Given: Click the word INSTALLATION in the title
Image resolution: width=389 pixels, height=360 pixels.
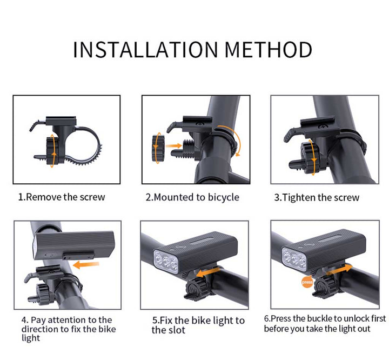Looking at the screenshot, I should coord(145,50).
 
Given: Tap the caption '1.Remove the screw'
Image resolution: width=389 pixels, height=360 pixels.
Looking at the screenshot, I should coord(62,197).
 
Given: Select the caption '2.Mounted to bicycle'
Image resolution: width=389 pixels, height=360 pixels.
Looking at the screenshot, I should coord(192,197).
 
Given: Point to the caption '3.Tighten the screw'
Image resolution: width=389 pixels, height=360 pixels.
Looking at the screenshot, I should coord(316,197).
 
